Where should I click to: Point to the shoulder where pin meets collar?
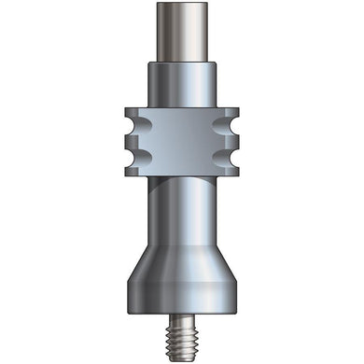(x=182, y=62)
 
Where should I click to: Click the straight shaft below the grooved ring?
(x=182, y=210)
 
